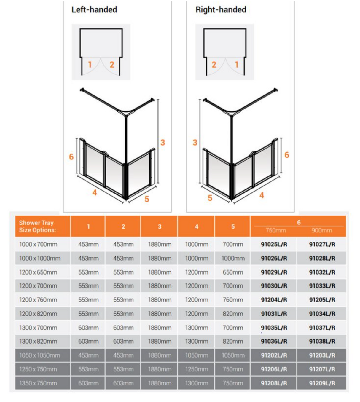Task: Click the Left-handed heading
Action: click(x=94, y=10)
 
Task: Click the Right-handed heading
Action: click(x=221, y=10)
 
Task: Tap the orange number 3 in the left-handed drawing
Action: click(x=163, y=143)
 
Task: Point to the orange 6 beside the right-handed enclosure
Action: click(x=286, y=155)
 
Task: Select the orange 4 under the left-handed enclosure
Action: click(x=94, y=193)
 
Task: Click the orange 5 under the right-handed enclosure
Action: click(x=210, y=198)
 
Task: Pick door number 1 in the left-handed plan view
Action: click(x=90, y=64)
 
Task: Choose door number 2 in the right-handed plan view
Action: click(x=214, y=64)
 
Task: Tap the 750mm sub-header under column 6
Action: click(x=275, y=230)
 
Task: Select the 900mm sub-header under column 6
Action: click(x=322, y=230)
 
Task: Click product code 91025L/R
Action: click(x=274, y=244)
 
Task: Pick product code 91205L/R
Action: click(x=322, y=300)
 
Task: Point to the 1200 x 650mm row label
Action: click(x=38, y=272)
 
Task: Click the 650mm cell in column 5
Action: click(x=233, y=272)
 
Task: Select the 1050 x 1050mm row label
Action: click(x=39, y=355)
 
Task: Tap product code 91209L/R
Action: click(x=322, y=383)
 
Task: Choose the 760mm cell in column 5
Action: click(x=233, y=300)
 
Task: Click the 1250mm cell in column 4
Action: click(x=197, y=369)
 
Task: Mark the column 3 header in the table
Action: click(x=160, y=226)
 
